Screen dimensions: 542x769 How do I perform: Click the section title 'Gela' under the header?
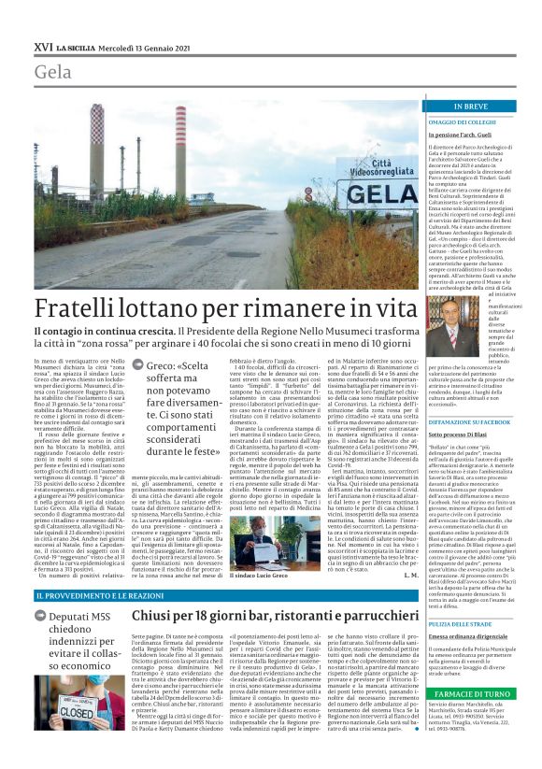tap(53, 72)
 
